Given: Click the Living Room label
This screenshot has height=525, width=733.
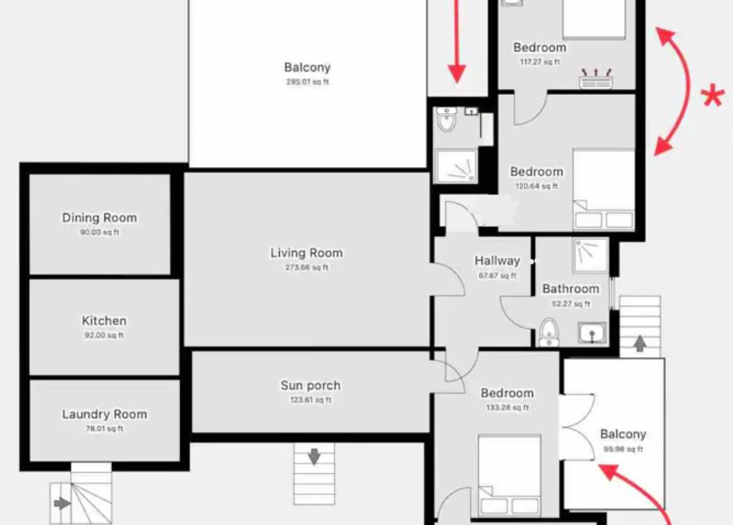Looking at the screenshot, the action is [307, 253].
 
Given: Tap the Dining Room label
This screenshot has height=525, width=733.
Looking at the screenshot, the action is [100, 217].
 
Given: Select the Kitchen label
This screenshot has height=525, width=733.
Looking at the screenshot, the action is [104, 321].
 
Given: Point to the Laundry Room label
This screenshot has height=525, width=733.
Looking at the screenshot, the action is [105, 414].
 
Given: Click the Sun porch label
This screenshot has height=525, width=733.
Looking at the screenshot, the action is [310, 386].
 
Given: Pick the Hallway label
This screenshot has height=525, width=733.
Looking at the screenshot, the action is [498, 260].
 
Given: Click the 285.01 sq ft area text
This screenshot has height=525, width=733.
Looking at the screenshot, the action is [307, 82].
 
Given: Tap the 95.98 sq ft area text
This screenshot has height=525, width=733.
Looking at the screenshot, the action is [623, 449].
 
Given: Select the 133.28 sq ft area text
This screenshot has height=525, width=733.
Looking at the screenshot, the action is [507, 408].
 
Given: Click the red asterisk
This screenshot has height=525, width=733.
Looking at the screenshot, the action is [713, 97].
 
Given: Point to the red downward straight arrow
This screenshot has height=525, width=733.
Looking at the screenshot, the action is [457, 42].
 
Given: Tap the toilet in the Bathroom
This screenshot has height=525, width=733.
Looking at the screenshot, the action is [549, 332].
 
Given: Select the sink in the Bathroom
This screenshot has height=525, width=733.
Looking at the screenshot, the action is [592, 332].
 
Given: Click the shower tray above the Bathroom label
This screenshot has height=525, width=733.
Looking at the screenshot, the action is [591, 255].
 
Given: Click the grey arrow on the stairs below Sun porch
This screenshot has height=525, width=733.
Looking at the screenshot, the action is [314, 456].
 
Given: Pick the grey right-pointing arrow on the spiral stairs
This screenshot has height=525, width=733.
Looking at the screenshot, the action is [63, 503].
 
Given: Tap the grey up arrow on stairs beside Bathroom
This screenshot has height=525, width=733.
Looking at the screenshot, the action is [640, 344].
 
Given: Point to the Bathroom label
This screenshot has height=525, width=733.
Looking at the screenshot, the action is [571, 289].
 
